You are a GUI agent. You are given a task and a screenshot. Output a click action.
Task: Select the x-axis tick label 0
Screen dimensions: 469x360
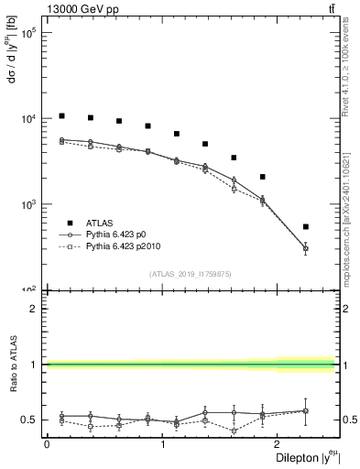point(47,444)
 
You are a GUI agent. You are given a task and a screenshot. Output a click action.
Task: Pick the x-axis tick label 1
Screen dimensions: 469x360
point(162,444)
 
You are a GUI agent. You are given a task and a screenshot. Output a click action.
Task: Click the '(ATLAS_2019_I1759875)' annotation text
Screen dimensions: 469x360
point(190,273)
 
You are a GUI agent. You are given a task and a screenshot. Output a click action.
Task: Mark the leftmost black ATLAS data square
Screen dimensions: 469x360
point(61,116)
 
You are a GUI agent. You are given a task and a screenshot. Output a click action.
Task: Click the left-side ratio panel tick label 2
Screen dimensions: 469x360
point(33,309)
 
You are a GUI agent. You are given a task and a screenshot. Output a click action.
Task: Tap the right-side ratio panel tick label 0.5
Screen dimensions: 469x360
point(350,420)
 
